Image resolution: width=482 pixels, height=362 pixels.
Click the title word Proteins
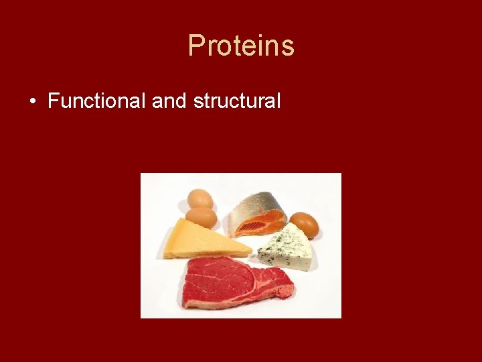pyautogui.click(x=241, y=46)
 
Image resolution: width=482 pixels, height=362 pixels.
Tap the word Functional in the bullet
pyautogui.click(x=97, y=101)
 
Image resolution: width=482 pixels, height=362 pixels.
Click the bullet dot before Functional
pyautogui.click(x=33, y=102)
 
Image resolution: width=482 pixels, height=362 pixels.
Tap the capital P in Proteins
pyautogui.click(x=196, y=46)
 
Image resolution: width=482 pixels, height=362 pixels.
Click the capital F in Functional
pyautogui.click(x=54, y=101)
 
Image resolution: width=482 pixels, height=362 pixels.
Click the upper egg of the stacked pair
pyautogui.click(x=200, y=199)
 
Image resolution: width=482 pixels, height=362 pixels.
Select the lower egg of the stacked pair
pyautogui.click(x=202, y=217)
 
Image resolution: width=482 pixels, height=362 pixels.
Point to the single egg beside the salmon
pyautogui.click(x=304, y=224)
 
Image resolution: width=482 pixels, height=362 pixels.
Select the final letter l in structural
pyautogui.click(x=278, y=101)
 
